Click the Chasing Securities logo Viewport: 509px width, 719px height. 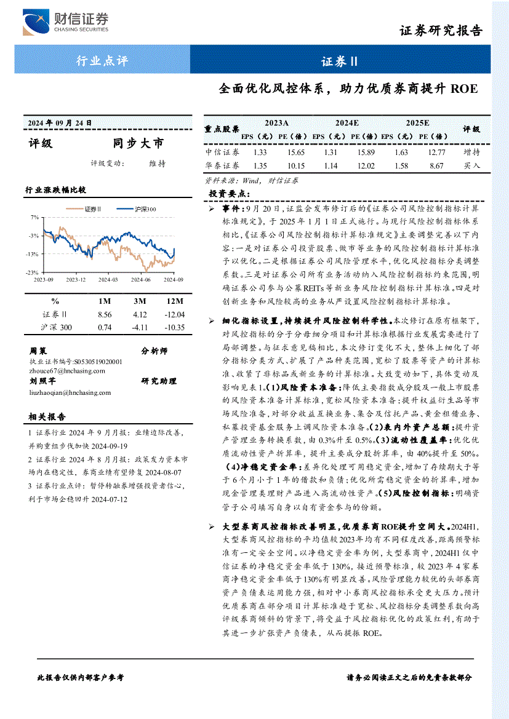(x=65, y=23)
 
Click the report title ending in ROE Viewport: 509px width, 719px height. (x=348, y=89)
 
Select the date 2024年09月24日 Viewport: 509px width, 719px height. (x=60, y=122)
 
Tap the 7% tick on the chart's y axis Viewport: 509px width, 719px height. (x=35, y=217)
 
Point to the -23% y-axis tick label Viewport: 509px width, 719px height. (x=33, y=272)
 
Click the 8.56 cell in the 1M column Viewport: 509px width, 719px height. (x=105, y=314)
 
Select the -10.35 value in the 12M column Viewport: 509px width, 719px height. (x=175, y=327)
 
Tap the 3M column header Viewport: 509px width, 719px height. (x=140, y=301)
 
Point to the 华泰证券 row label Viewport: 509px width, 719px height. (x=222, y=165)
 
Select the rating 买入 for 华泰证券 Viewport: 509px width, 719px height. (x=471, y=165)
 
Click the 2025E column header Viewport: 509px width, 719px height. (x=417, y=123)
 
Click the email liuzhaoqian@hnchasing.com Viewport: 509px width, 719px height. (x=70, y=392)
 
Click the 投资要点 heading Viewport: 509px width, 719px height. (x=230, y=194)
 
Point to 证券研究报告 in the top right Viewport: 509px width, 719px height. (x=441, y=31)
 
